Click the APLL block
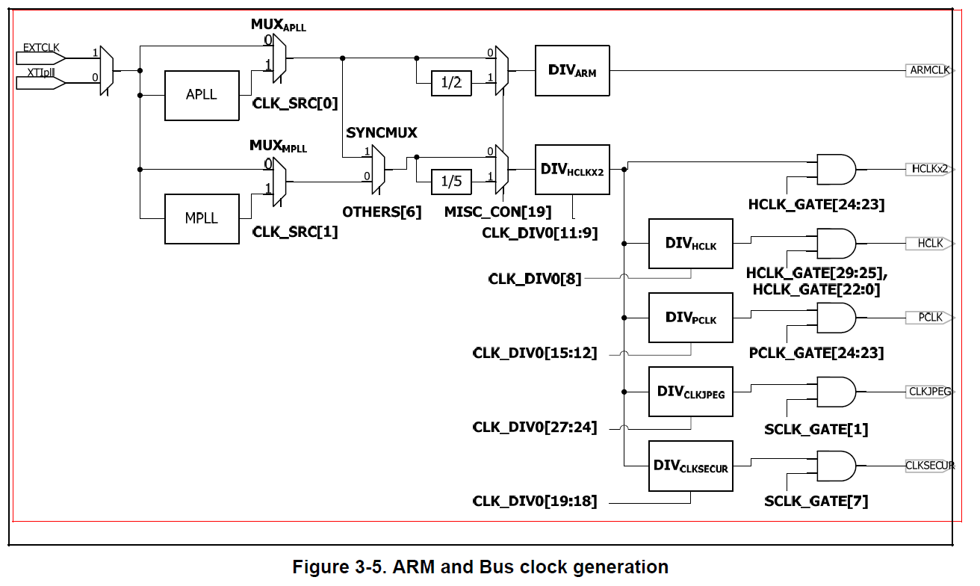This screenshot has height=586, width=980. point(202,95)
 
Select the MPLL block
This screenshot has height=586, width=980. point(202,218)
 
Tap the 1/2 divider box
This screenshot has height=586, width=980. point(451,83)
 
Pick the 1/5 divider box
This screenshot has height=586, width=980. point(451,181)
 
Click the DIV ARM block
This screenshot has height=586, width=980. point(572,70)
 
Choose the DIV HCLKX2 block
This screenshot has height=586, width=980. point(572,170)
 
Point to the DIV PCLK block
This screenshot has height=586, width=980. point(690,318)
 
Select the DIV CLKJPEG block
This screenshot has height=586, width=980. point(690,392)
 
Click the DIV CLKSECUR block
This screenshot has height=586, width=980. point(690,466)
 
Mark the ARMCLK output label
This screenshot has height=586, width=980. point(929,70)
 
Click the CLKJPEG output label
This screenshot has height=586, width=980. point(929,391)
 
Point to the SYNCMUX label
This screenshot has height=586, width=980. point(382,132)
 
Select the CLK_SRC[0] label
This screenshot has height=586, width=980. point(295,103)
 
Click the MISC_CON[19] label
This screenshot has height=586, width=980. point(497,212)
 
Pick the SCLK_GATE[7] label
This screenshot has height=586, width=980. point(816,501)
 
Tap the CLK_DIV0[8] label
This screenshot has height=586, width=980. point(534,279)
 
